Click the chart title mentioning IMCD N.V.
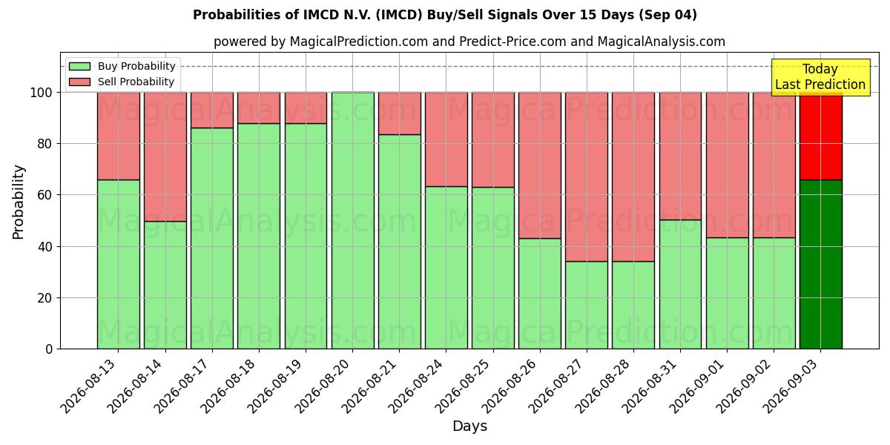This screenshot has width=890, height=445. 444,15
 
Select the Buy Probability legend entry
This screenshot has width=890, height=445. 122,66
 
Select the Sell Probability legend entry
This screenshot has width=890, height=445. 121,82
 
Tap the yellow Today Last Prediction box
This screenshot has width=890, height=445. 820,77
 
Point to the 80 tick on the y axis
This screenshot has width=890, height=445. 44,144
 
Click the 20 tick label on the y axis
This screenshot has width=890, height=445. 44,298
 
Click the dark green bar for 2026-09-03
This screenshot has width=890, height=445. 821,265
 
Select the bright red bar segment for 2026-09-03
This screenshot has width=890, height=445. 821,136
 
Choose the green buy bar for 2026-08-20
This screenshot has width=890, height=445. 353,221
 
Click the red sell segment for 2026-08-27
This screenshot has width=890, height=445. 587,177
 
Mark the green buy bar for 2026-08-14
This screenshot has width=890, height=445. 165,286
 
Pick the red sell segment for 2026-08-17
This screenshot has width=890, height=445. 212,110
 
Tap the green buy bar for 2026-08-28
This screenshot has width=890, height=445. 633,305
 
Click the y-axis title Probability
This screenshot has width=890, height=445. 19,202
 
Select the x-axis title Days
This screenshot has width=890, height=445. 469,426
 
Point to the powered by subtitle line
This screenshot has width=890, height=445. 469,42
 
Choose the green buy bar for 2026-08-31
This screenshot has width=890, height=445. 681,285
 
